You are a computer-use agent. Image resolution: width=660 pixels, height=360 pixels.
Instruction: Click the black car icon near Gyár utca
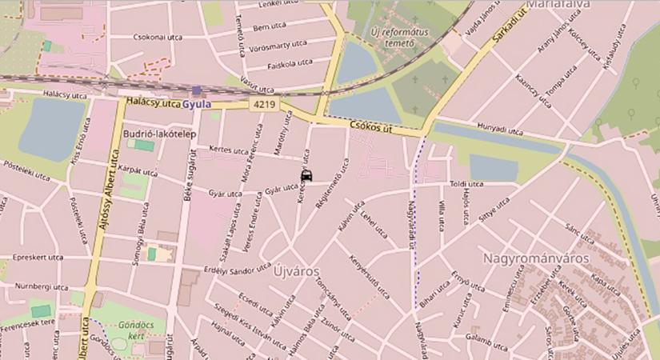(x=306, y=177)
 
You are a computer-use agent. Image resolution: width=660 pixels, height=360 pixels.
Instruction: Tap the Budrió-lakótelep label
(x=159, y=134)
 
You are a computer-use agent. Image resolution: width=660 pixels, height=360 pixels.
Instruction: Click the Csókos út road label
(x=373, y=126)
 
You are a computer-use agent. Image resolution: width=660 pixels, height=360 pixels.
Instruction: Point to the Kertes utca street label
(x=228, y=150)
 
